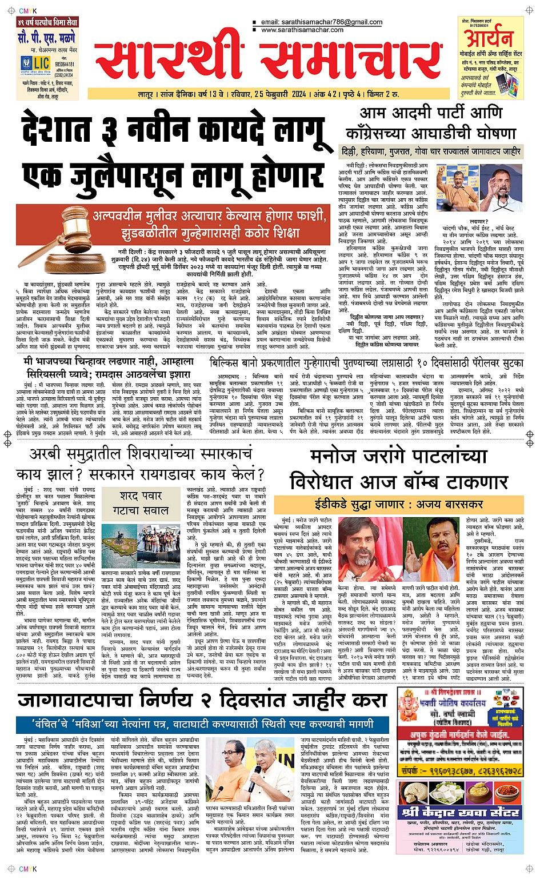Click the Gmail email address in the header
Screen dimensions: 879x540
(321, 22)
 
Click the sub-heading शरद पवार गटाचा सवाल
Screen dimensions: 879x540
(141, 502)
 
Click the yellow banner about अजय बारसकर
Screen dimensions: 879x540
(398, 504)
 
